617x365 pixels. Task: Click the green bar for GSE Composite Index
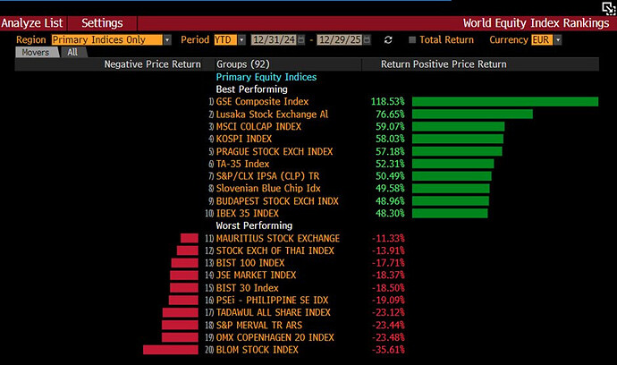click(505, 102)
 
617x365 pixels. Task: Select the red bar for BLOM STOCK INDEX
click(170, 350)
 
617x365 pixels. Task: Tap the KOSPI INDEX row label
click(244, 140)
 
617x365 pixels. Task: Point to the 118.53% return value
click(387, 102)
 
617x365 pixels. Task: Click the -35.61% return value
click(388, 350)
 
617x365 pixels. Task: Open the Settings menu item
click(102, 22)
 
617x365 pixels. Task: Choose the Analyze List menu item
click(31, 22)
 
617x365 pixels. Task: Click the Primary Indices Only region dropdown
click(111, 40)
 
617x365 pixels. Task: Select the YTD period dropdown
click(228, 40)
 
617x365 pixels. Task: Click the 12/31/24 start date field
click(274, 40)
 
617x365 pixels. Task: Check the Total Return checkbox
click(412, 40)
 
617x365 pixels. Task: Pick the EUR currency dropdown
click(545, 40)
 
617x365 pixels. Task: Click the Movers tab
click(36, 53)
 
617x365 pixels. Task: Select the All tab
click(72, 53)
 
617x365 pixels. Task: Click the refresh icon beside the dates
click(388, 40)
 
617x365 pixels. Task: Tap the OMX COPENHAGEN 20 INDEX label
click(275, 337)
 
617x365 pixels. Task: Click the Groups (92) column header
click(243, 64)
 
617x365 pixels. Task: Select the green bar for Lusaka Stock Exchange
click(472, 115)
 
